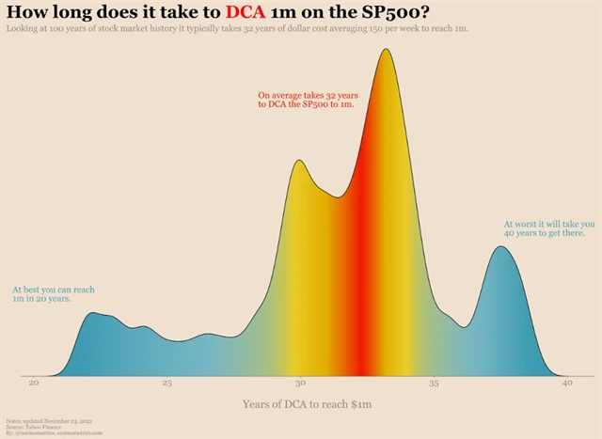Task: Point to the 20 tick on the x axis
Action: point(34,383)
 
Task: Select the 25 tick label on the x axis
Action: point(166,383)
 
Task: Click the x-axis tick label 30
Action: point(300,383)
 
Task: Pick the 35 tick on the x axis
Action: point(434,383)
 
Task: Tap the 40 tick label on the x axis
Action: point(566,383)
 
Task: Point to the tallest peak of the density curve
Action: point(385,51)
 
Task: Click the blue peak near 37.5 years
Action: point(501,248)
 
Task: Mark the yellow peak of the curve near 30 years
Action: point(298,162)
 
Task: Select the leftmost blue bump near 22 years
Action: point(91,314)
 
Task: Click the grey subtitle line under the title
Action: point(237,29)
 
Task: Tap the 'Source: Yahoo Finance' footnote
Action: point(29,426)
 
